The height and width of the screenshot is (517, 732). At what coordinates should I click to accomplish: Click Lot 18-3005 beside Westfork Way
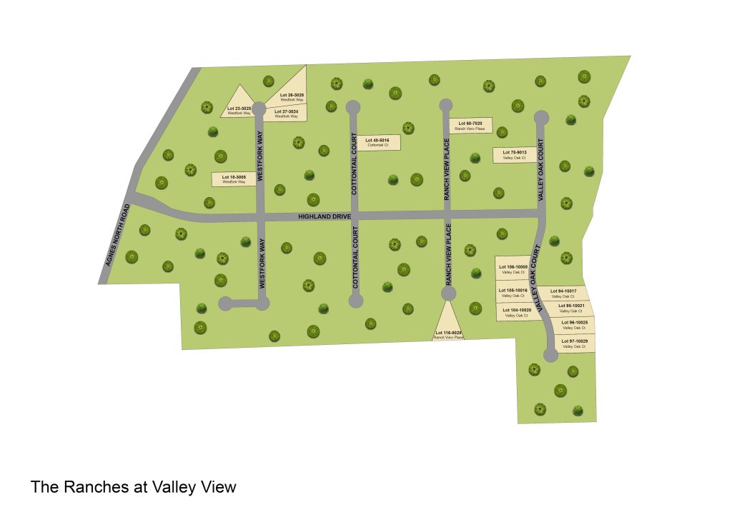(234, 179)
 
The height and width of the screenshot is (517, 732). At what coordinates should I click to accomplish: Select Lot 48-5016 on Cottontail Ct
(377, 142)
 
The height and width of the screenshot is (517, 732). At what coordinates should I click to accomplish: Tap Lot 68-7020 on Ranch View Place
(470, 126)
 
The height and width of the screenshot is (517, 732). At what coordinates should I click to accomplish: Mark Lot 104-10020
(515, 313)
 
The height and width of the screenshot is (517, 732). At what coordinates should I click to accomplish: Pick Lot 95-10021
(573, 308)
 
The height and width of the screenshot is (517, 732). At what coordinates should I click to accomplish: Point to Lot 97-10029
(576, 343)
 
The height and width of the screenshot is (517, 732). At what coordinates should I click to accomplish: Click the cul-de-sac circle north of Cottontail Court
(352, 107)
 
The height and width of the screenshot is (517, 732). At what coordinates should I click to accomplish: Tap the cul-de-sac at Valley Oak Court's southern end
(550, 353)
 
